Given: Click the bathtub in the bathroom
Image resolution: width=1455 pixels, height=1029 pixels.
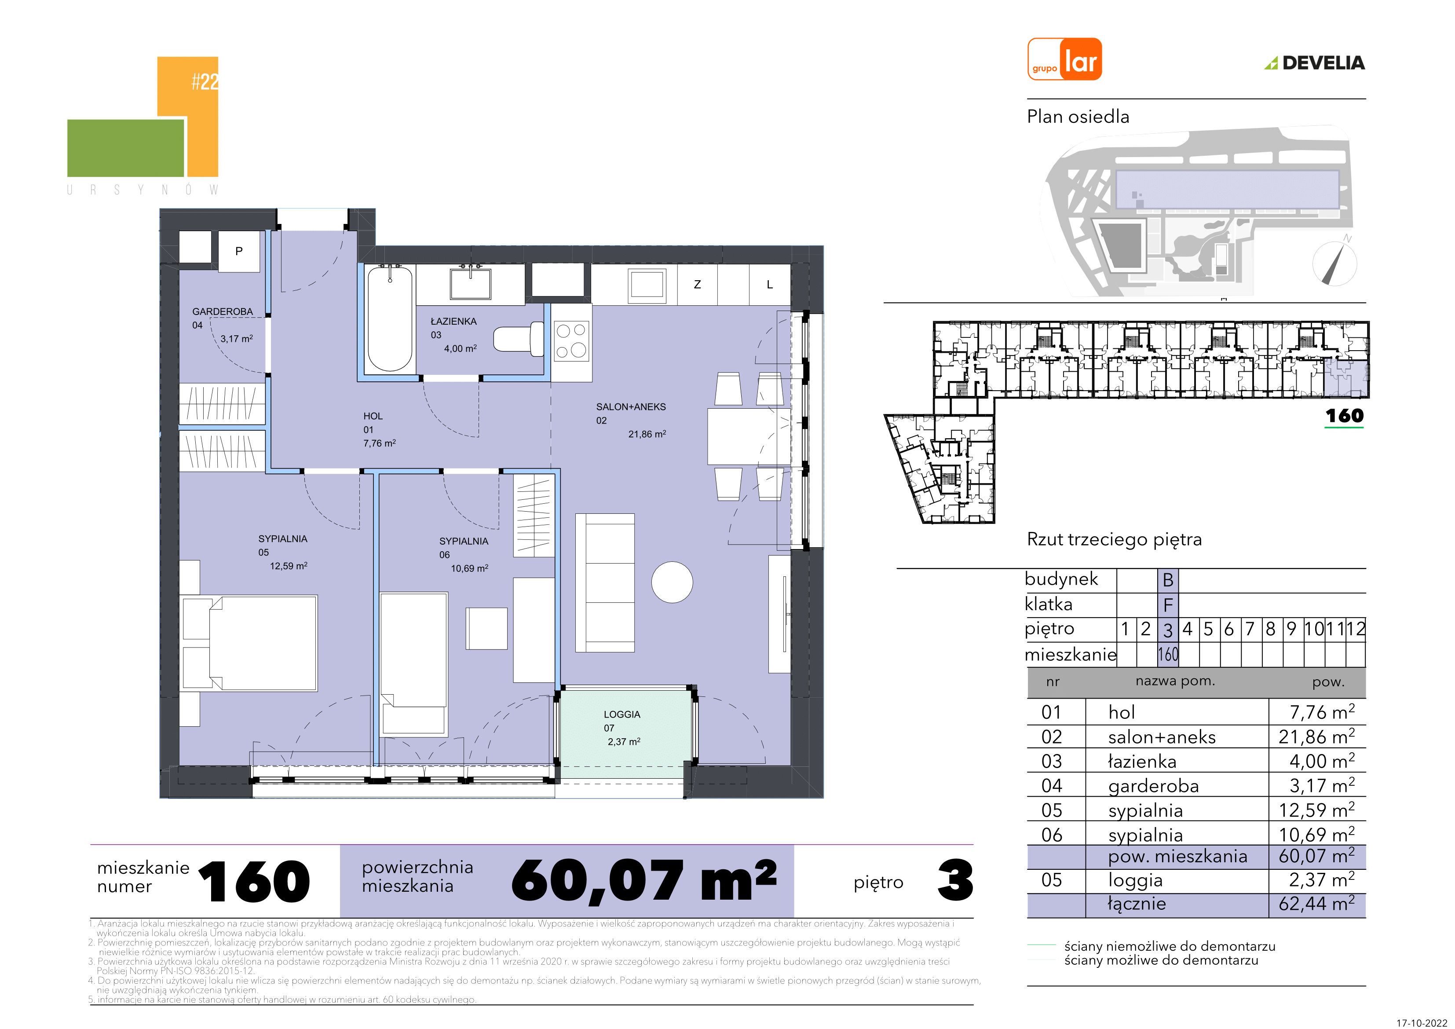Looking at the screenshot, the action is pyautogui.click(x=390, y=319).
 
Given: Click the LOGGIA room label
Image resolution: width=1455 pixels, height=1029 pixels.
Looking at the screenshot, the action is pyautogui.click(x=621, y=714).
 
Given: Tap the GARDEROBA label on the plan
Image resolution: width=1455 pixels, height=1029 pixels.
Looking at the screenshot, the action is pyautogui.click(x=223, y=312).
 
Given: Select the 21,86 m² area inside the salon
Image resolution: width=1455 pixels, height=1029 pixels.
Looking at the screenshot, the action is pyautogui.click(x=647, y=434).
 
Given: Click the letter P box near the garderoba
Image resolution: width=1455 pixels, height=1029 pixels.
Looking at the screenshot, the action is pyautogui.click(x=239, y=251).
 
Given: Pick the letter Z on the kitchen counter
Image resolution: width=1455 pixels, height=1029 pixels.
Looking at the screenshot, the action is pyautogui.click(x=697, y=285).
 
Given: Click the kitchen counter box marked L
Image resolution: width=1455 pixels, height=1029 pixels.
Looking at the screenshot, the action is pyautogui.click(x=769, y=285).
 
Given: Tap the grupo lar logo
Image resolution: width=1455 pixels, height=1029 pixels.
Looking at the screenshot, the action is pyautogui.click(x=1064, y=59).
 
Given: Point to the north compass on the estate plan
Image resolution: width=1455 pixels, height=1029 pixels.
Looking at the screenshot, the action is pyautogui.click(x=1334, y=263).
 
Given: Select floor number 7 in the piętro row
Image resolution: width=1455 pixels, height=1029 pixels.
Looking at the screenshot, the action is pyautogui.click(x=1250, y=629).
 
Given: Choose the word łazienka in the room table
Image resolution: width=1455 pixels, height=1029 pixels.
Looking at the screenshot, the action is pyautogui.click(x=1142, y=762).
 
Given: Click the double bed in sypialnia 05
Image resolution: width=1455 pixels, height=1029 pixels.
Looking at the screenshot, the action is pyautogui.click(x=249, y=643).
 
